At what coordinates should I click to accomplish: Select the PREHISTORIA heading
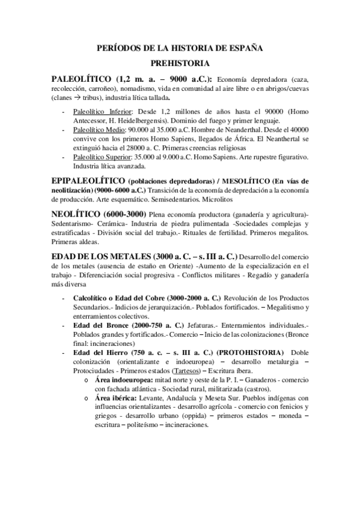click(180, 63)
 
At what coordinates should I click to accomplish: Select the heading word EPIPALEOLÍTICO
click(88, 181)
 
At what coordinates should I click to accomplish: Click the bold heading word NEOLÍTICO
click(76, 215)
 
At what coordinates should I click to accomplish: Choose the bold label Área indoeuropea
click(126, 381)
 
